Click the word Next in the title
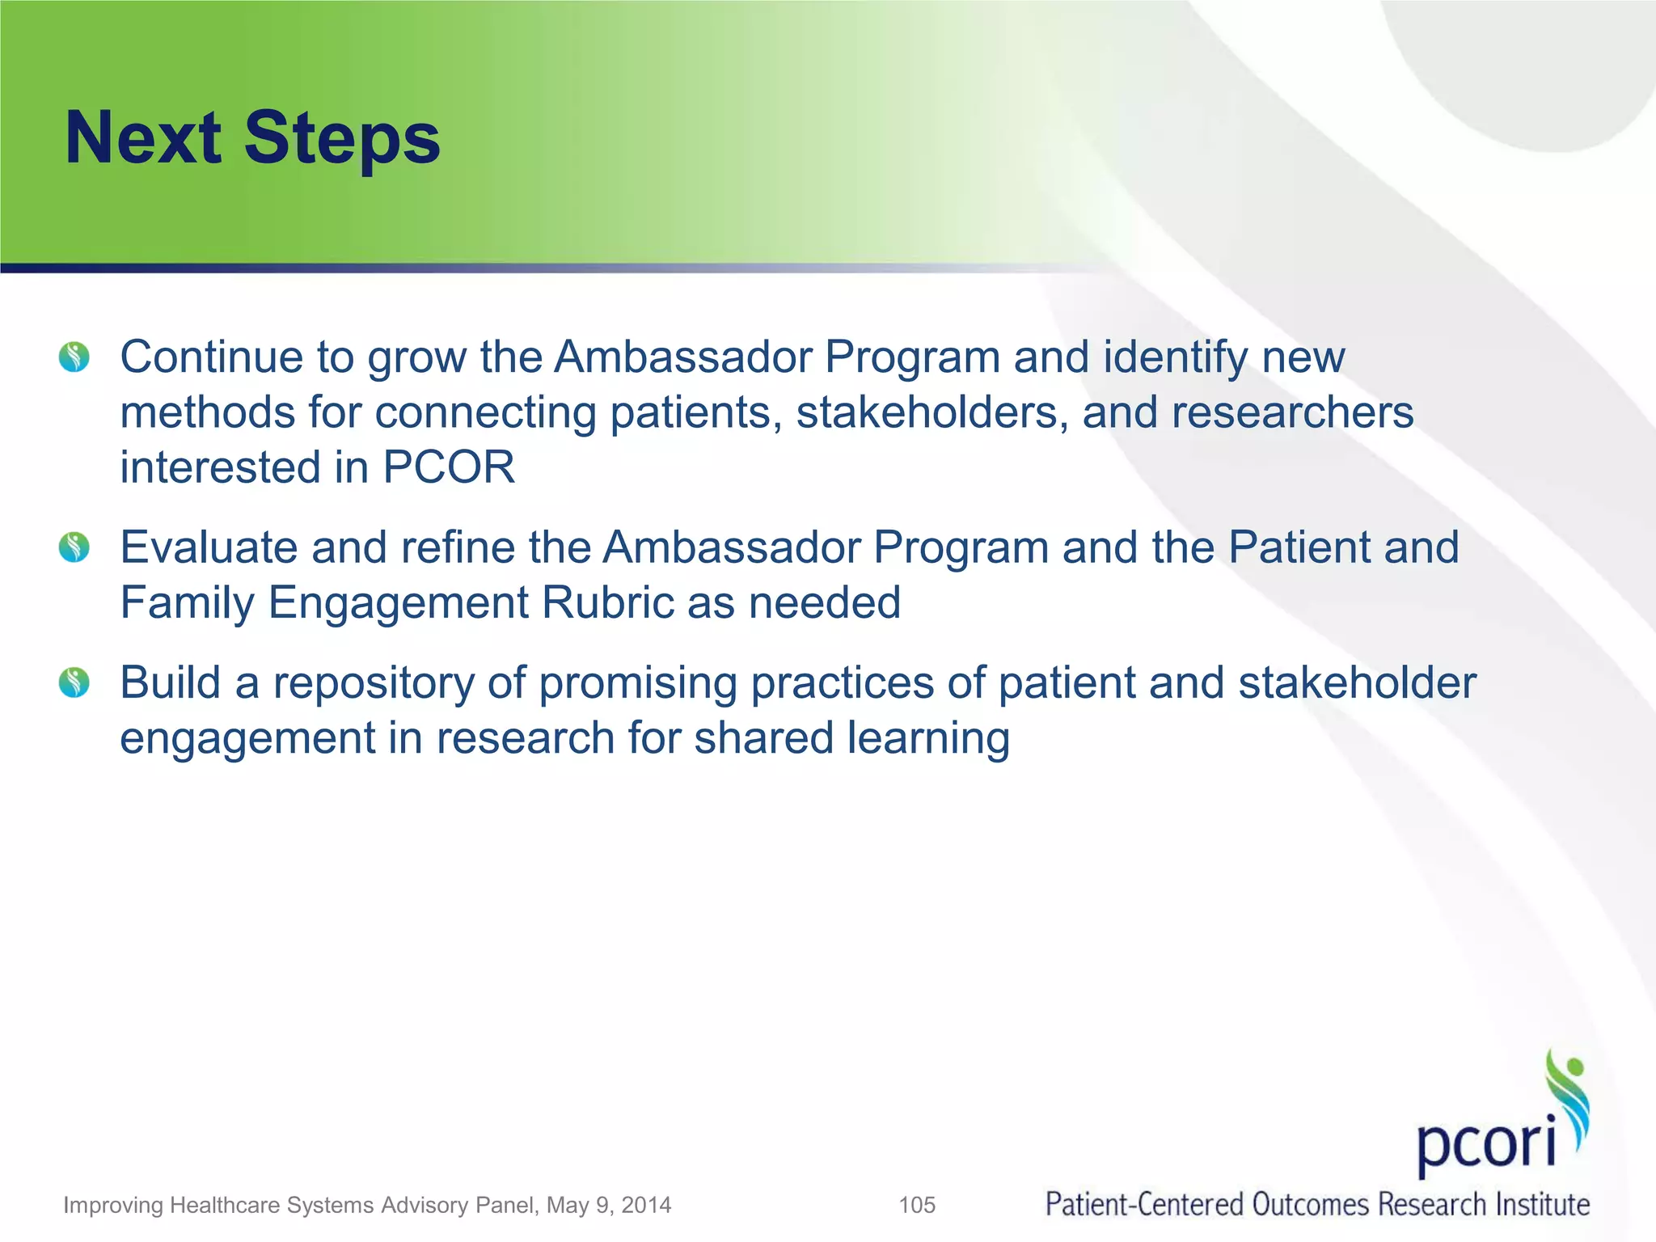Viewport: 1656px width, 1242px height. [x=142, y=137]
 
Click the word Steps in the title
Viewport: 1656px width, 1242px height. [x=341, y=139]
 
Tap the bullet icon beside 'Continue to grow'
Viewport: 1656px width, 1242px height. [x=74, y=357]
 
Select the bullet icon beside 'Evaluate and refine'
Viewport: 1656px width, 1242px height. [x=74, y=547]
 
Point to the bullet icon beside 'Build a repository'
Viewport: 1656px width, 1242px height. [x=74, y=682]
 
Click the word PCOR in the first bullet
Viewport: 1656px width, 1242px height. [x=449, y=467]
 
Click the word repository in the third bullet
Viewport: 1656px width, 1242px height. [x=373, y=684]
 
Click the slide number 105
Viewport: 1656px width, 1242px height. [x=917, y=1206]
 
